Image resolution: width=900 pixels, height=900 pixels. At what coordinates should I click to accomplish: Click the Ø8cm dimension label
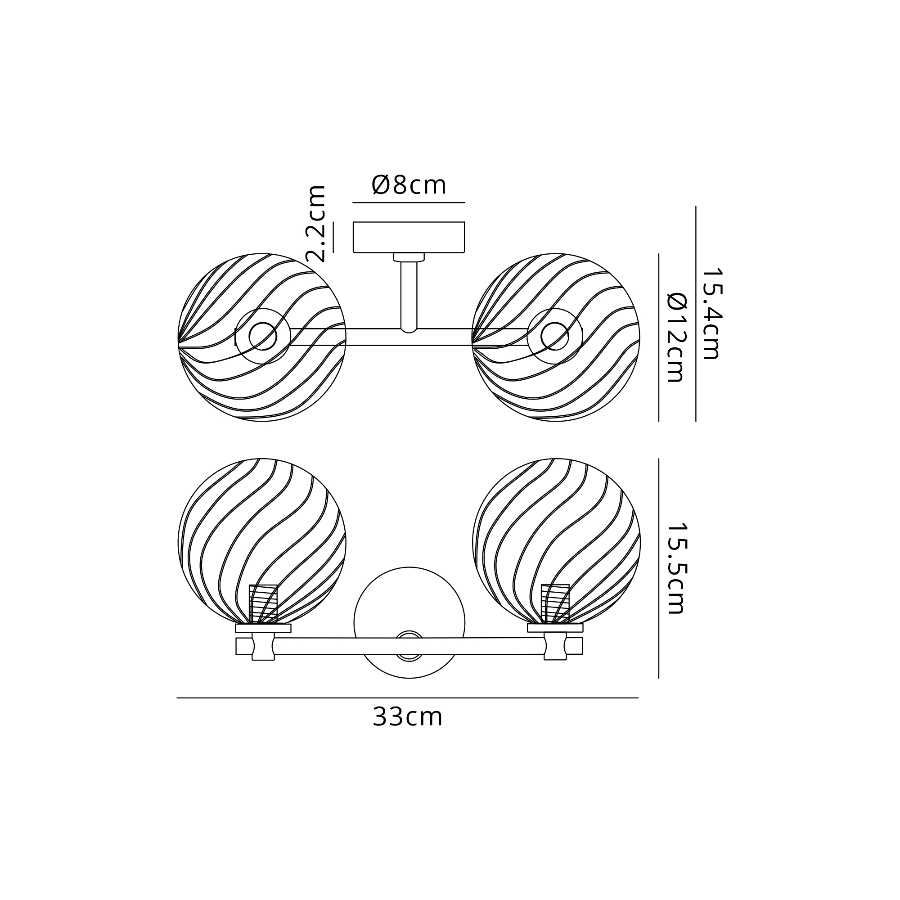(x=409, y=185)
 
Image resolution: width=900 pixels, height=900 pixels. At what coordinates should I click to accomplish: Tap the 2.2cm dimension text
(x=315, y=223)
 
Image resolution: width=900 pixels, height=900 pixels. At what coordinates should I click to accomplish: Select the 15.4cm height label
(x=711, y=314)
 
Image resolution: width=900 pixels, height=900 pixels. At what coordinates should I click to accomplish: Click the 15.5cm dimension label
(x=676, y=568)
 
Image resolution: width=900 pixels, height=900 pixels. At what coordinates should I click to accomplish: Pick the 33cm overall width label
(x=407, y=717)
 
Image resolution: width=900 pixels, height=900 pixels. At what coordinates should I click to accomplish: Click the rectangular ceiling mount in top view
(x=409, y=237)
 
